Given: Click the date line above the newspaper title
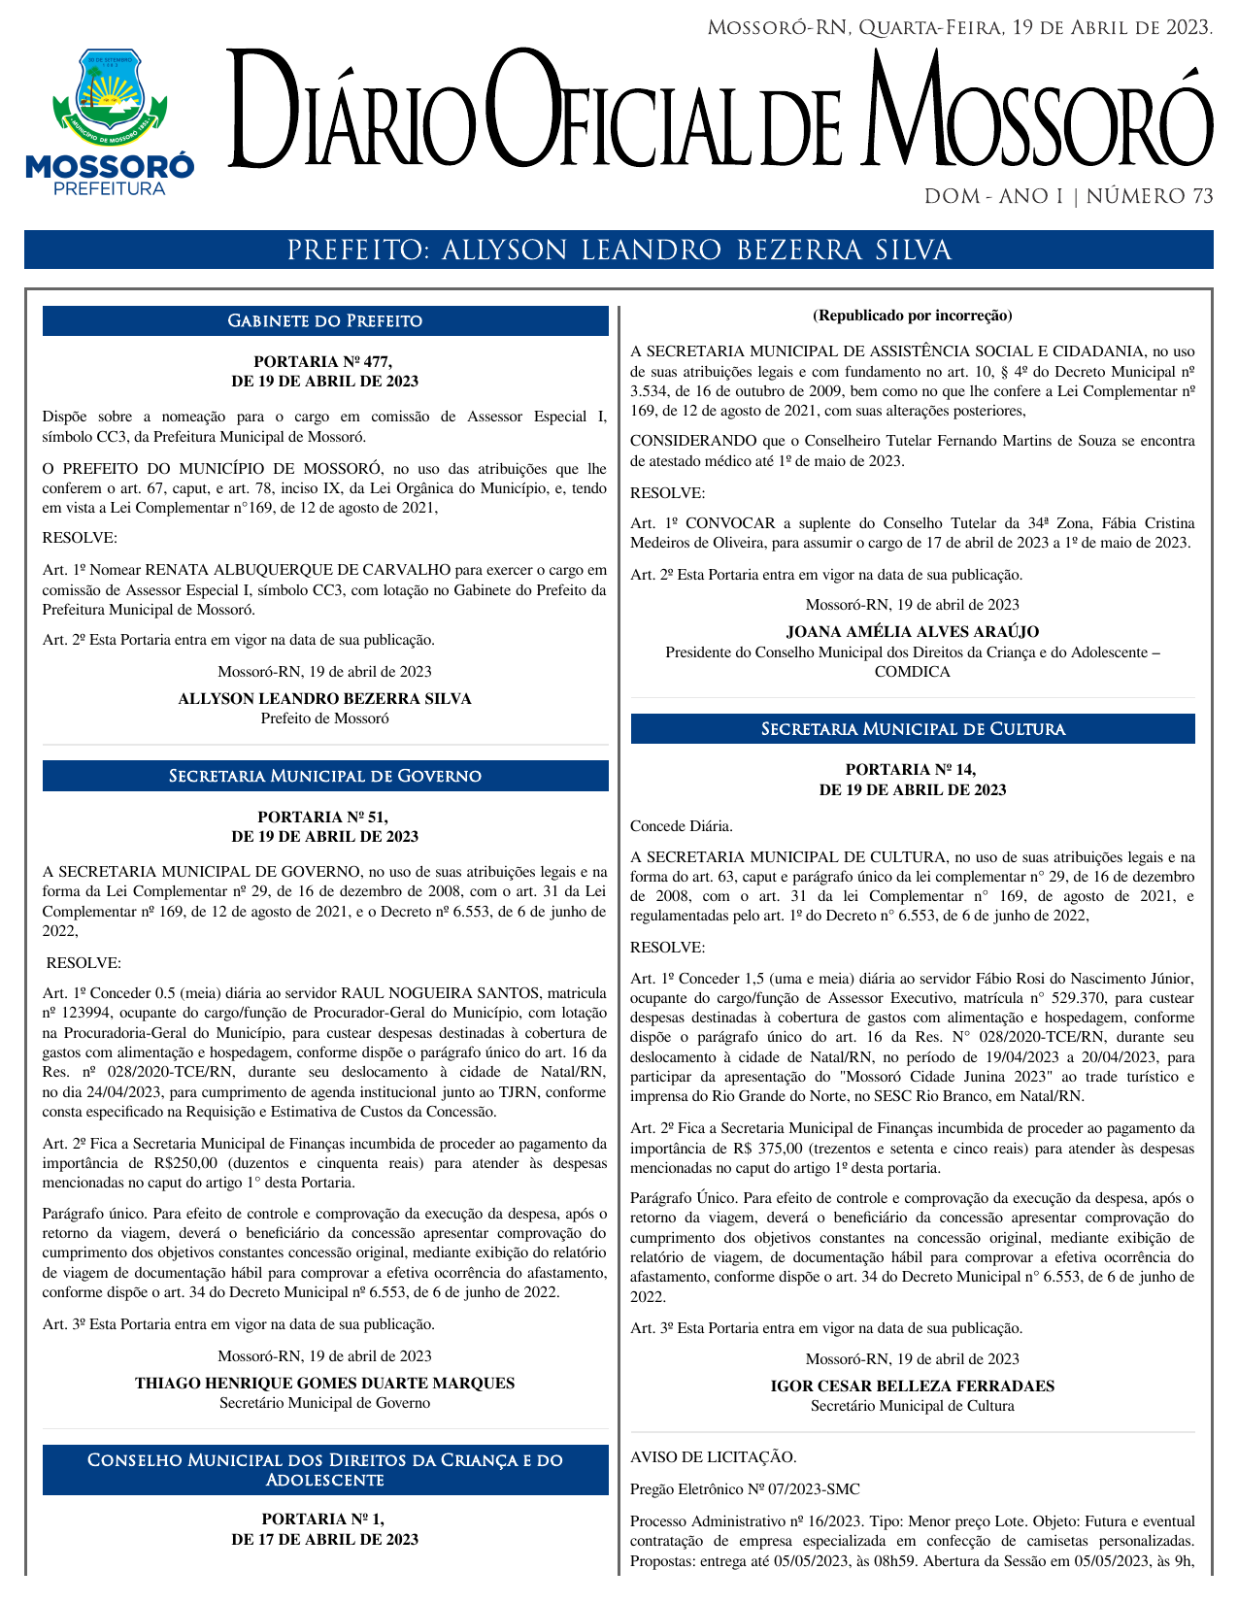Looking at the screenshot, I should click(x=959, y=27).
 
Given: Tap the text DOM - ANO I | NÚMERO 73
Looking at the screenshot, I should click(x=1068, y=196).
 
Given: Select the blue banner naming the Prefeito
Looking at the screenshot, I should click(x=619, y=250).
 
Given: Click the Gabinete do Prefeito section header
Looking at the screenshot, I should click(x=325, y=321).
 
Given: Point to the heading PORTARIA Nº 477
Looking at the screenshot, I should click(x=324, y=362).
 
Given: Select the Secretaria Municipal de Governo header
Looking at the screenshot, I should click(x=325, y=777).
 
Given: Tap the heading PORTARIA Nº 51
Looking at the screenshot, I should click(x=324, y=818).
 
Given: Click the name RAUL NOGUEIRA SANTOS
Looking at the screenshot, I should click(x=440, y=993).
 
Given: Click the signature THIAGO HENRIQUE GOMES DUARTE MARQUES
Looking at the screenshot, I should click(x=324, y=1384).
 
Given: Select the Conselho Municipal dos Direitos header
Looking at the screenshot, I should click(x=325, y=1470).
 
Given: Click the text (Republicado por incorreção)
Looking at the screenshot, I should click(x=912, y=316).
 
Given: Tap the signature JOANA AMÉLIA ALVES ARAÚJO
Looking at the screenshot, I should click(x=912, y=632).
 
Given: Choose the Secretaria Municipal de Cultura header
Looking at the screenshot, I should click(x=913, y=729).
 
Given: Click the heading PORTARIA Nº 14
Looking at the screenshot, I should click(x=912, y=770).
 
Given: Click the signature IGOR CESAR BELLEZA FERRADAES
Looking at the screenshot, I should click(x=912, y=1386).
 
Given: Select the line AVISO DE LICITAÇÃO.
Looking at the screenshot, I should click(x=714, y=1457).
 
